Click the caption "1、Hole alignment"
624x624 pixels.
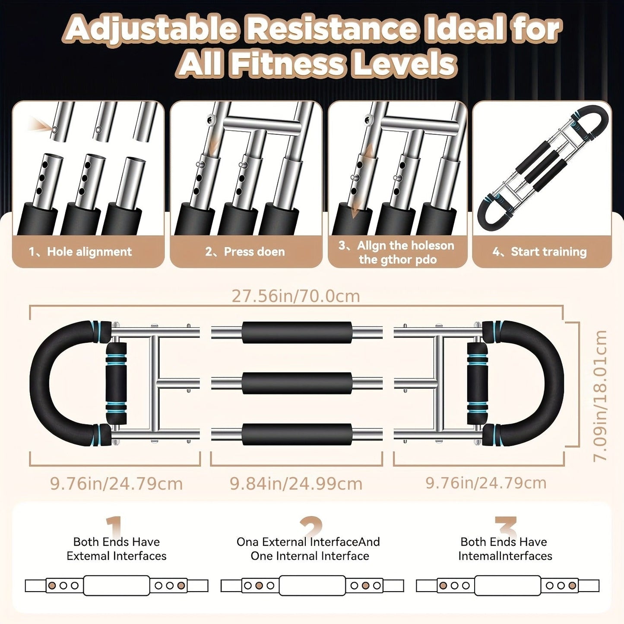pyautogui.click(x=80, y=252)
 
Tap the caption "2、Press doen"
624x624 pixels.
pyautogui.click(x=245, y=252)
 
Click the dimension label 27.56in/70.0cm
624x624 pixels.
pyautogui.click(x=296, y=296)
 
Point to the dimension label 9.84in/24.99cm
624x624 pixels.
pyautogui.click(x=296, y=484)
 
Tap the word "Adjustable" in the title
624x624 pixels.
pyautogui.click(x=152, y=30)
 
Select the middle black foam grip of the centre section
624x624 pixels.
pyautogui.click(x=297, y=383)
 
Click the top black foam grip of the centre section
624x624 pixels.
pyautogui.click(x=297, y=333)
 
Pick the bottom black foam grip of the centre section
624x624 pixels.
pyautogui.click(x=297, y=434)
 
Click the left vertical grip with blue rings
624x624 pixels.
pyautogui.click(x=115, y=383)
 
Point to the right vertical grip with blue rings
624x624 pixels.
pyautogui.click(x=477, y=383)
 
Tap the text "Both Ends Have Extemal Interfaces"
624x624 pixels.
pyautogui.click(x=117, y=549)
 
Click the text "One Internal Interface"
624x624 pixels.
pyautogui.click(x=310, y=556)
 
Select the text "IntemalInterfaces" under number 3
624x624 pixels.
pyautogui.click(x=505, y=556)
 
